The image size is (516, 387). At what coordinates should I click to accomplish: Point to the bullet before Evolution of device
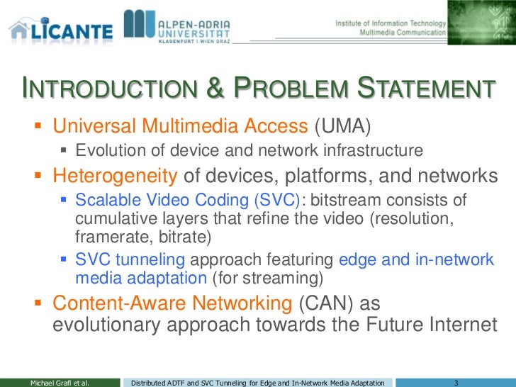[x=65, y=151]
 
